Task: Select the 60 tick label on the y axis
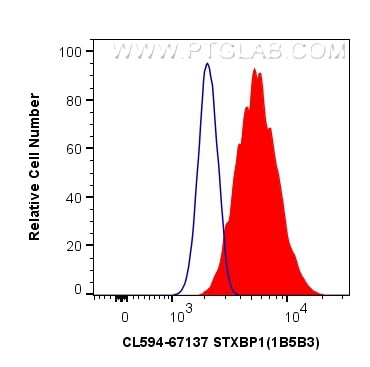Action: (73, 147)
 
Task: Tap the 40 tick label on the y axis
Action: (73, 195)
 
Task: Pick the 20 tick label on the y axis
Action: (73, 243)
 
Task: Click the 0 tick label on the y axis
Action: (77, 290)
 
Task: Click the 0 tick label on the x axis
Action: (125, 316)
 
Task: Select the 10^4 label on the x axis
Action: (295, 316)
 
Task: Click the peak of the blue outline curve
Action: (206, 64)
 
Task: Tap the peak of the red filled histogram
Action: (256, 69)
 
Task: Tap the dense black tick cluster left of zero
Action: (120, 297)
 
